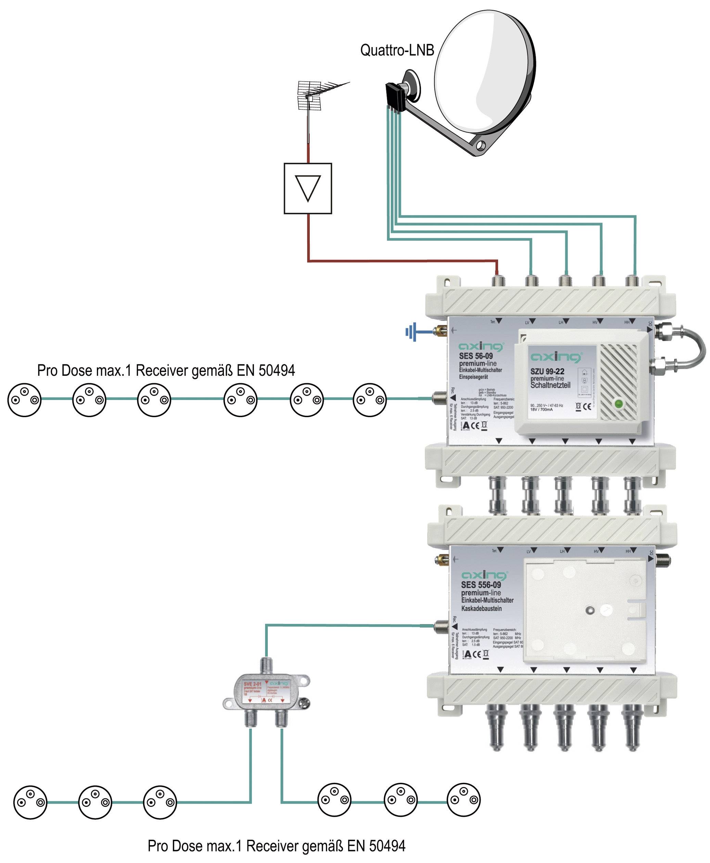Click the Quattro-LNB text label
click(397, 50)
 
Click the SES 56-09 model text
click(476, 356)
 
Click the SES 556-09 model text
click(481, 585)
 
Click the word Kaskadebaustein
click(481, 609)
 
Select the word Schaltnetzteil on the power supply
click(550, 385)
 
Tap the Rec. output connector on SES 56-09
click(439, 397)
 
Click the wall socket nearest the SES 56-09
click(370, 400)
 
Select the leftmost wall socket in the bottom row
click(30, 802)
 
